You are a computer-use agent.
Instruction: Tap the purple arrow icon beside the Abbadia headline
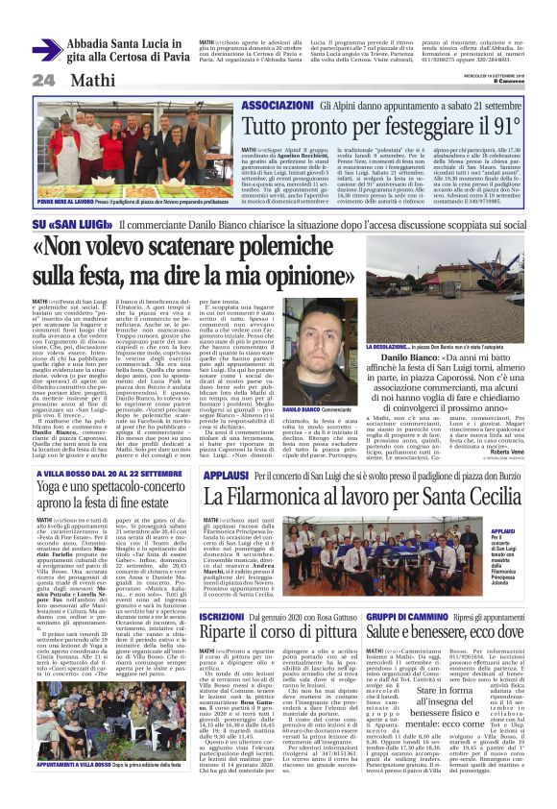click(x=47, y=49)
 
